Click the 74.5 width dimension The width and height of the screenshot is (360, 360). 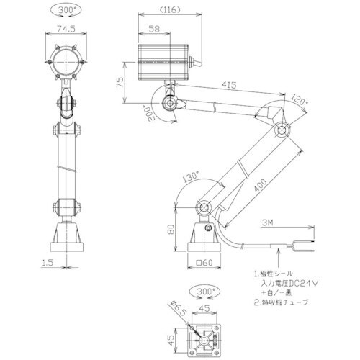[x=66, y=30]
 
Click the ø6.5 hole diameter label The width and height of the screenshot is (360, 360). [x=175, y=310]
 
